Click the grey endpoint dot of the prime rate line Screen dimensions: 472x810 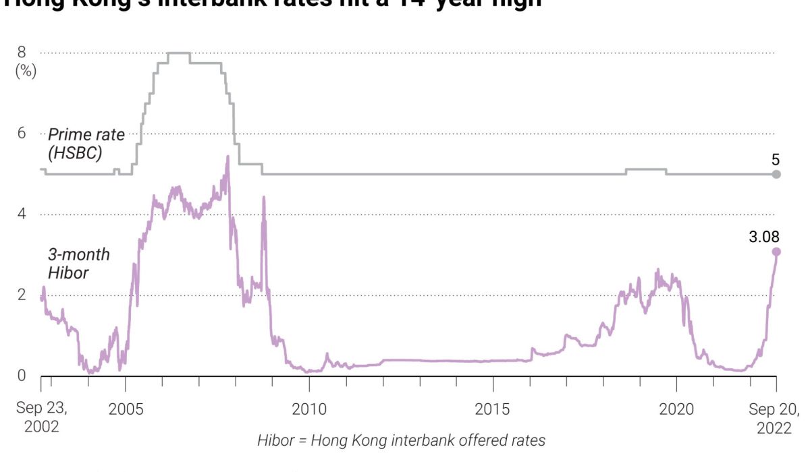[776, 174]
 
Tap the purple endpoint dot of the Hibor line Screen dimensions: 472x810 [776, 252]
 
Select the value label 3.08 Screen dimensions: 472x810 [764, 237]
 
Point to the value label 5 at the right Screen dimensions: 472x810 [776, 160]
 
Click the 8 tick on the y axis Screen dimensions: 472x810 [22, 52]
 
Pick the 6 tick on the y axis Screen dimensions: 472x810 [22, 133]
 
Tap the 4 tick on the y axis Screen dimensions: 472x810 [22, 214]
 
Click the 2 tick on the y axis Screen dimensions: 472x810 [22, 295]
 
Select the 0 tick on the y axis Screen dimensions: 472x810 [22, 376]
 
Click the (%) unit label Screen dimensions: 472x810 [26, 70]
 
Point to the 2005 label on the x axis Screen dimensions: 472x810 [126, 409]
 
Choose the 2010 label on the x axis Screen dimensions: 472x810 [309, 409]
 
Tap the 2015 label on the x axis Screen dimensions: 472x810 [493, 409]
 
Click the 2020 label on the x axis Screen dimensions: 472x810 [676, 409]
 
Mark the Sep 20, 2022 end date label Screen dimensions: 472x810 [774, 417]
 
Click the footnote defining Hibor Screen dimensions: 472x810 [401, 441]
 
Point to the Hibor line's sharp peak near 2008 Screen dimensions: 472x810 [227, 157]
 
